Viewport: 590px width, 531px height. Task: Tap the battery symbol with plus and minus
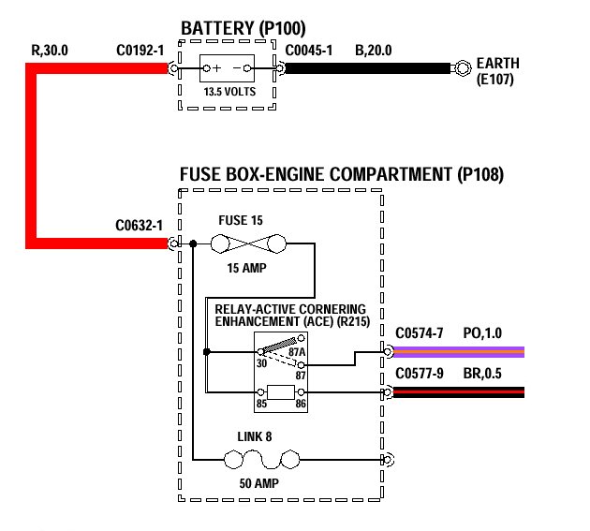(228, 68)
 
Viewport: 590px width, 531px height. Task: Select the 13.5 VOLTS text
(228, 92)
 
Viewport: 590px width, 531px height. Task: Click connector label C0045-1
(308, 50)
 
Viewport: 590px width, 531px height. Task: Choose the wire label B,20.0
(376, 50)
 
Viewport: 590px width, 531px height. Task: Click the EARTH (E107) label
(497, 71)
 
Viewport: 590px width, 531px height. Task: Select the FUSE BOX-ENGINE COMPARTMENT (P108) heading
(341, 174)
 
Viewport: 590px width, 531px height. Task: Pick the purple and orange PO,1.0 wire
(459, 352)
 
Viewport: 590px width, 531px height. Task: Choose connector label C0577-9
(420, 373)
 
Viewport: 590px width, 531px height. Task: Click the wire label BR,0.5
(484, 373)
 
